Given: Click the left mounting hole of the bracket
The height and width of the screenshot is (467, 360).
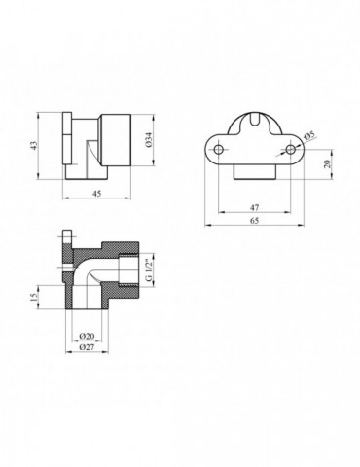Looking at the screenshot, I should coord(221,149).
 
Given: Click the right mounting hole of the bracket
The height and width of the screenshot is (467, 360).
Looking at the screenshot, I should coord(290,149).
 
